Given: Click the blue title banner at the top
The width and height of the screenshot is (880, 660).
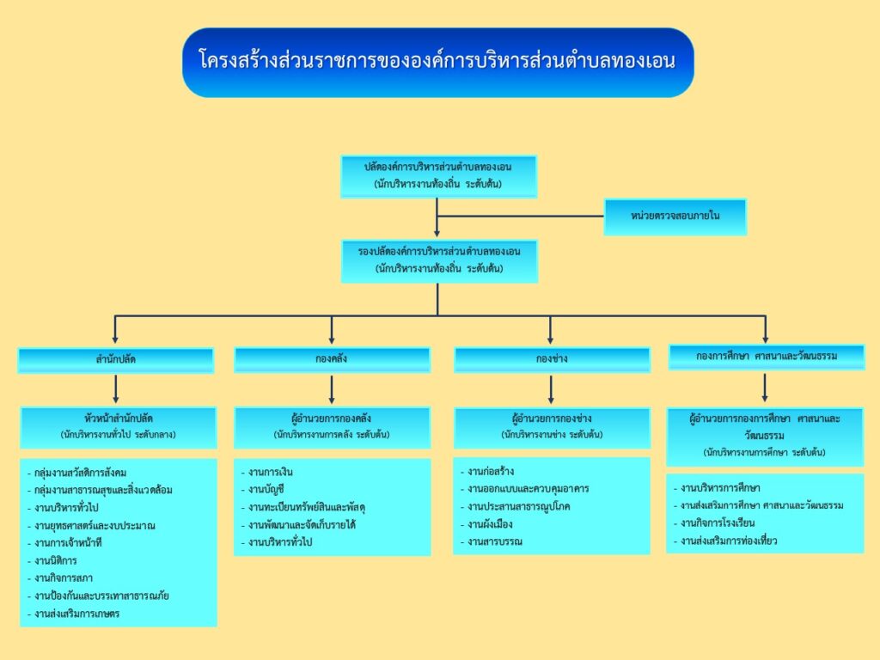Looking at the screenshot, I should tap(437, 62).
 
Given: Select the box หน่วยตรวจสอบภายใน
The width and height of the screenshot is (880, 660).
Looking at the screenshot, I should tap(675, 217).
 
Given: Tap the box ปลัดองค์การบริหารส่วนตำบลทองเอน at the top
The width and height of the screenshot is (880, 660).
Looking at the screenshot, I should tap(437, 175).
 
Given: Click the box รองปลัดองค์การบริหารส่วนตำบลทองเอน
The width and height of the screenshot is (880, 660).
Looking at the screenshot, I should tap(438, 260).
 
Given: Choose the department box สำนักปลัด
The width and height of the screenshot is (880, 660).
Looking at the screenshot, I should tap(115, 359).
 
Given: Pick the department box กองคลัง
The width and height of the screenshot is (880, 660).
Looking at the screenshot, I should tap(332, 358).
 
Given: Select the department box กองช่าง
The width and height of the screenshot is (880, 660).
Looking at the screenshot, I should tap(551, 358).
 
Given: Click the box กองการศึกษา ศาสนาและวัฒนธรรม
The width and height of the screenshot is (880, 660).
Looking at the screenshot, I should tap(766, 356).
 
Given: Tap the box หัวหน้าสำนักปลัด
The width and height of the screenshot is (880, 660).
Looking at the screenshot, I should tap(119, 426).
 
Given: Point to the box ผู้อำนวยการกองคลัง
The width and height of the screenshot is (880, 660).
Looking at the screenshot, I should tap(332, 426).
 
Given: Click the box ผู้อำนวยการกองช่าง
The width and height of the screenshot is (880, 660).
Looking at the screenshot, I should tap(551, 426).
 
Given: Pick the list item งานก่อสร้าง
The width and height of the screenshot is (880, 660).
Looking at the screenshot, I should tap(491, 471).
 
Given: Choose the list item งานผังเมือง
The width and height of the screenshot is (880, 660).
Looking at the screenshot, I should tap(491, 524).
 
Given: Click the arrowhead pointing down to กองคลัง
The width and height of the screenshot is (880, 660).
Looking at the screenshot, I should tap(332, 339).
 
